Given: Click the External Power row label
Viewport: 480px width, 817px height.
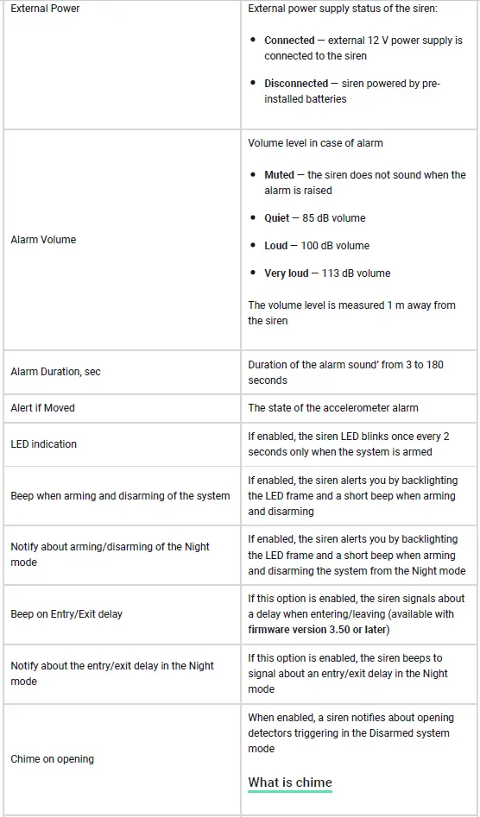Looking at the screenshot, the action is click(45, 9).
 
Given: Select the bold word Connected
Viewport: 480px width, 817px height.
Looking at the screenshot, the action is click(289, 41).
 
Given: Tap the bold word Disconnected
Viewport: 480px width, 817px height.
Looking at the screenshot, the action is click(296, 84).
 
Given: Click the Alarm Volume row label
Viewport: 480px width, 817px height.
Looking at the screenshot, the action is click(43, 240).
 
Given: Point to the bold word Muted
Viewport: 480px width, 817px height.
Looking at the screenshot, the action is click(279, 175).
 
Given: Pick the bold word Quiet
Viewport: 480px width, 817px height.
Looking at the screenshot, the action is click(276, 218).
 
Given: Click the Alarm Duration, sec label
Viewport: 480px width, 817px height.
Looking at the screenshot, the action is click(55, 372).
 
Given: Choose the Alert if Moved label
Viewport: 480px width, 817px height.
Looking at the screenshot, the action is click(42, 408).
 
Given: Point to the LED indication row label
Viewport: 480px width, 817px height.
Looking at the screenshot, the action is click(43, 444).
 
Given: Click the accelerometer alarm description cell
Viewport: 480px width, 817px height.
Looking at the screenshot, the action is click(333, 408).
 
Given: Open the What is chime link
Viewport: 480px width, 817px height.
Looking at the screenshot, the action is click(290, 782).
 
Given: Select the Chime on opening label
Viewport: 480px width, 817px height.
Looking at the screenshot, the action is click(52, 759).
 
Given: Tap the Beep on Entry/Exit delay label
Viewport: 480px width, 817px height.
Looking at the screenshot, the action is click(66, 614).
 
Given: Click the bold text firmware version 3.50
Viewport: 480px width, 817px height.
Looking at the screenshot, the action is click(302, 630).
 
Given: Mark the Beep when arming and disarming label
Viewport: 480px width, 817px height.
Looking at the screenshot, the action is click(120, 496).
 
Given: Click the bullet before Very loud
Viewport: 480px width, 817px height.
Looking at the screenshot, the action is click(253, 273).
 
